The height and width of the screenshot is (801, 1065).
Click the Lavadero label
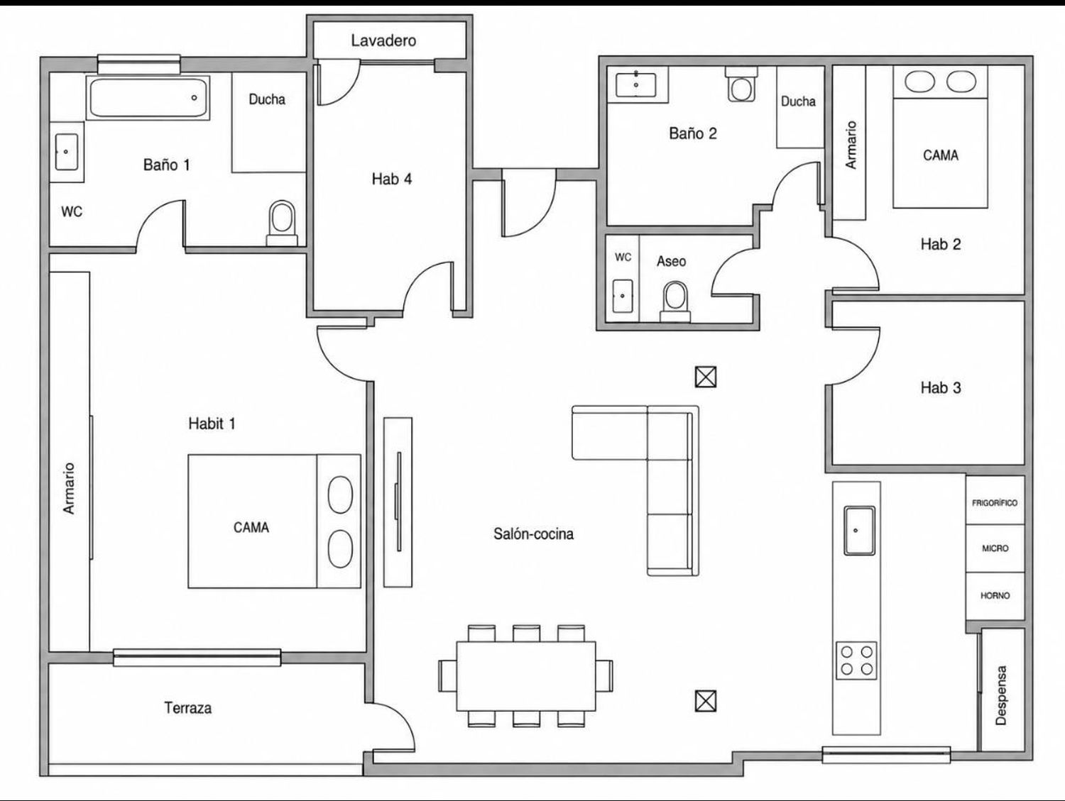tap(383, 40)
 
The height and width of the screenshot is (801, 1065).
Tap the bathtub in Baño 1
tap(148, 97)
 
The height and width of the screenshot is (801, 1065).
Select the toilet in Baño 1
tap(282, 223)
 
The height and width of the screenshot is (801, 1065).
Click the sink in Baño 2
tap(636, 85)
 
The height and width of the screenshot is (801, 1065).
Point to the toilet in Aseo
tap(675, 302)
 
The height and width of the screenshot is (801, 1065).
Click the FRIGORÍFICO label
tap(995, 503)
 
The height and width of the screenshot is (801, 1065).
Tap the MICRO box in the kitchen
tap(995, 548)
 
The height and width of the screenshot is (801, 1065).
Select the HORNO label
tap(995, 595)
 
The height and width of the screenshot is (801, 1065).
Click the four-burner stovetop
tap(856, 661)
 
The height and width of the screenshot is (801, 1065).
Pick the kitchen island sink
tap(859, 531)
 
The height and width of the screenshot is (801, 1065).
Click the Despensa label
tap(1000, 695)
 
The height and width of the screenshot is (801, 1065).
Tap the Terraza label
tap(187, 708)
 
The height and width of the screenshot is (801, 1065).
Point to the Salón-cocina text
tap(533, 534)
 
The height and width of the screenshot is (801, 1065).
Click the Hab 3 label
tap(941, 388)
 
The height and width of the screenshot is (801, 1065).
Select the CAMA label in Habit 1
tap(251, 528)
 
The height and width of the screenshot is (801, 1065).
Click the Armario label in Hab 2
tap(851, 145)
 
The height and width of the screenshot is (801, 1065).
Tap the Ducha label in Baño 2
tap(798, 101)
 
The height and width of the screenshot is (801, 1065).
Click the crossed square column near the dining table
tap(706, 701)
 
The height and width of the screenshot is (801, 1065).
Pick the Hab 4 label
tap(391, 179)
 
